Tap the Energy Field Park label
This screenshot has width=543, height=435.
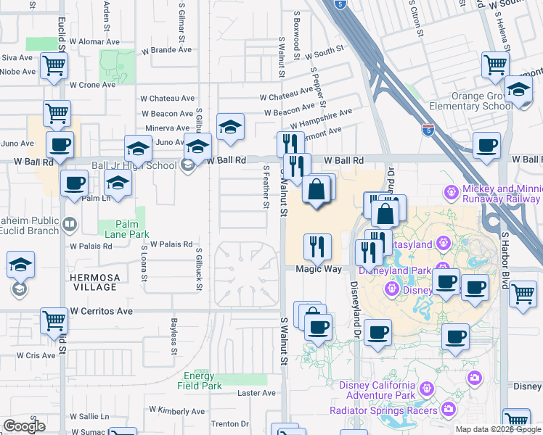click(x=200, y=381)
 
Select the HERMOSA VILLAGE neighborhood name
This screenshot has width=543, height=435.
click(x=94, y=282)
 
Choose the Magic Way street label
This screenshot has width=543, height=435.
click(x=319, y=269)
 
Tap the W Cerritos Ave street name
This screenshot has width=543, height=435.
click(x=102, y=311)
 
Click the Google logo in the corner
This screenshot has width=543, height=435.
click(x=24, y=426)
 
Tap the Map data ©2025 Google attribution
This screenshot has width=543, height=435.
click(x=497, y=429)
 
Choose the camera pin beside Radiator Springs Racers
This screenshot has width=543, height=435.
click(x=449, y=410)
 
